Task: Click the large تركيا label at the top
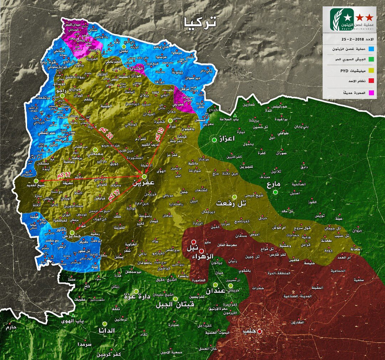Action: (199, 21)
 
